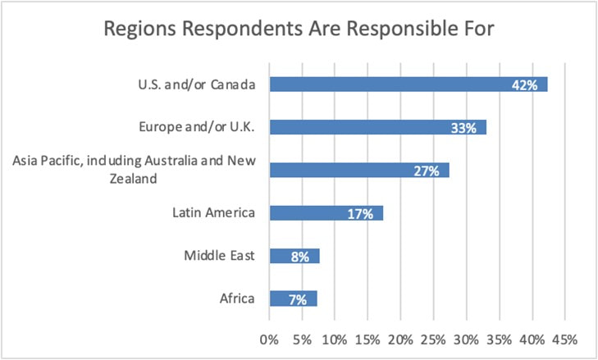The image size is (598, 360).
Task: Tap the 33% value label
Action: pyautogui.click(x=464, y=128)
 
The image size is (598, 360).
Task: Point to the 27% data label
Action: pyautogui.click(x=427, y=171)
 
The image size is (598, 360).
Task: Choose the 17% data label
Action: pyautogui.click(x=360, y=213)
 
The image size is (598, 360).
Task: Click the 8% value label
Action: pyautogui.click(x=299, y=256)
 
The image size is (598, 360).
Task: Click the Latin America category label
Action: pyautogui.click(x=214, y=213)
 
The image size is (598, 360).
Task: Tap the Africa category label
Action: pyautogui.click(x=238, y=298)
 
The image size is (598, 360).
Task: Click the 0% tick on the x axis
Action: pyautogui.click(x=268, y=339)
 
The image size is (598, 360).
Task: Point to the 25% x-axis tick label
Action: pyautogui.click(x=433, y=339)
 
